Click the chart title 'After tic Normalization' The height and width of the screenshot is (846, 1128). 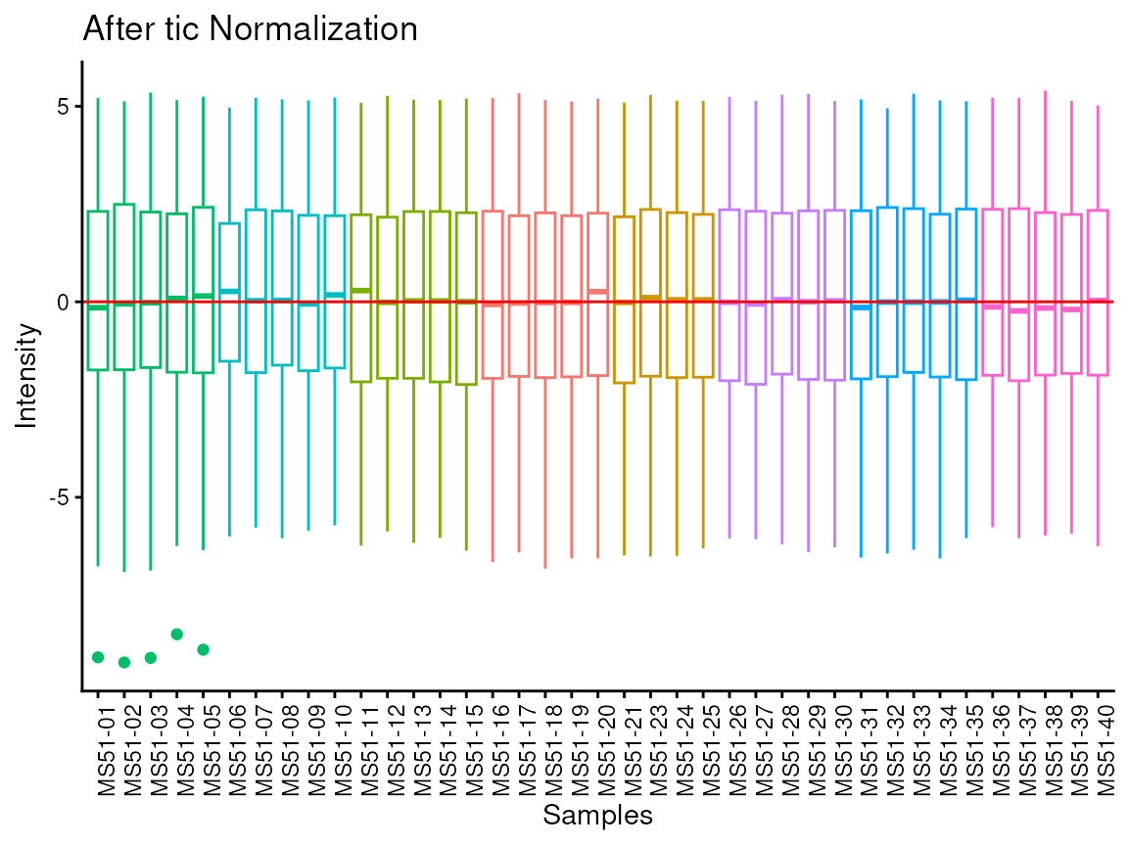250,29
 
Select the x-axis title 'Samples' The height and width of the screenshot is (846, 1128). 597,815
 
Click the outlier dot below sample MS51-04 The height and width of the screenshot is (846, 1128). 177,634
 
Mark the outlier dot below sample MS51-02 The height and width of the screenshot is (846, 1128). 124,663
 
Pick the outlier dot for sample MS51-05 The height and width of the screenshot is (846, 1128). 204,649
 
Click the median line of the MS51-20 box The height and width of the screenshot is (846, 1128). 597,292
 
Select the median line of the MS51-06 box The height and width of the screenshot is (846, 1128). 229,291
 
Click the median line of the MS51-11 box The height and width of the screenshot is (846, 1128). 361,291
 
